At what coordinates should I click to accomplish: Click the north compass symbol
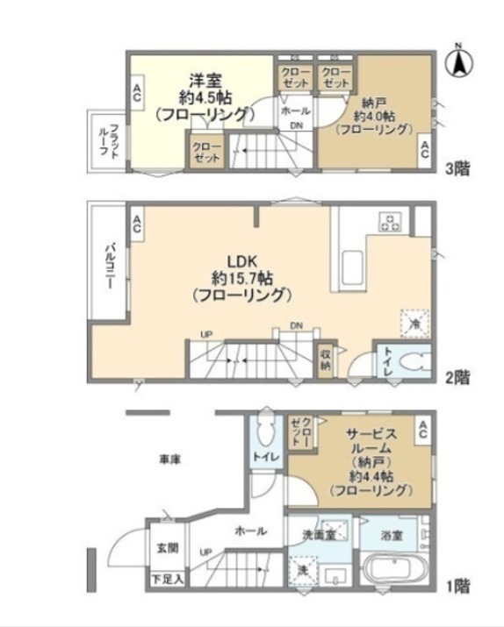tap(459, 61)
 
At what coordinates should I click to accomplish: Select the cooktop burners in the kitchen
tap(389, 222)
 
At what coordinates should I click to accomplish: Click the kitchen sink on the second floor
tap(352, 264)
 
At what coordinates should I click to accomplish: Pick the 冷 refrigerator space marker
tap(414, 323)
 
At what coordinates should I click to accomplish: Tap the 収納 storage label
tap(325, 360)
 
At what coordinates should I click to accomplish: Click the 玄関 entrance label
tap(167, 548)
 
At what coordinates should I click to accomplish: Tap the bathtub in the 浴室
tap(393, 569)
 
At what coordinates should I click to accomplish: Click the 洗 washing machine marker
tap(301, 570)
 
